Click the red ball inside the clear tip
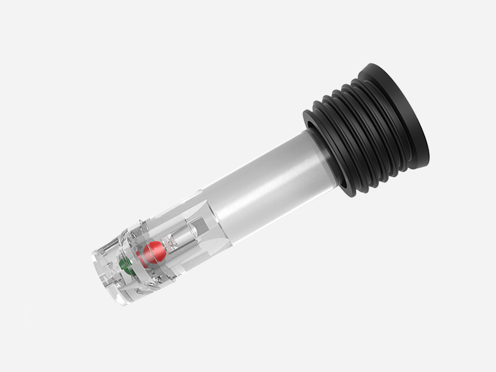[152, 254]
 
